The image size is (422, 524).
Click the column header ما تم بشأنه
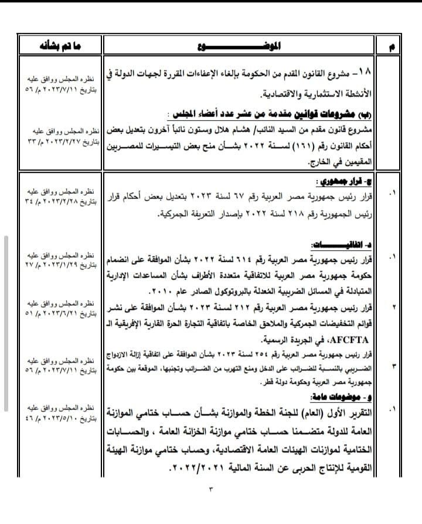[x=58, y=46]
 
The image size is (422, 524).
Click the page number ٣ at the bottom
[x=211, y=487]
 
